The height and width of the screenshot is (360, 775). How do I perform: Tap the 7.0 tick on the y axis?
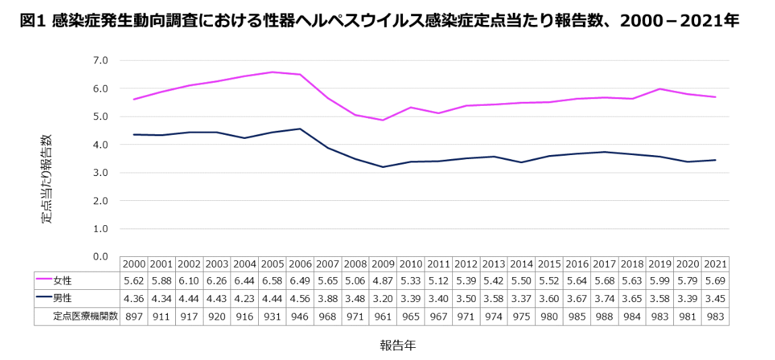100,60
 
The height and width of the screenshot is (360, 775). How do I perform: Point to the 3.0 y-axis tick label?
100,173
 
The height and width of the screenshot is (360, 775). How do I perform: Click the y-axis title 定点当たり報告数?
46,179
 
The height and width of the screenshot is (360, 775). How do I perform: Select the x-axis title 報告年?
397,346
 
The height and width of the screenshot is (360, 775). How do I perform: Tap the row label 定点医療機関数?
86,315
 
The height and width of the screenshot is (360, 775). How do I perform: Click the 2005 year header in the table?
272,264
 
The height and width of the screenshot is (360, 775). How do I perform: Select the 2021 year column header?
714,264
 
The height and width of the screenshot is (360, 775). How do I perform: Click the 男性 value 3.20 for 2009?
383,297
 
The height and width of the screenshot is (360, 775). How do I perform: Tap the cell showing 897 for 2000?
134,315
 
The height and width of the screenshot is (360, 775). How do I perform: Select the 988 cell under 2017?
604,315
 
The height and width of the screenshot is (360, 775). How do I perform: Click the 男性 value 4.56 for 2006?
300,297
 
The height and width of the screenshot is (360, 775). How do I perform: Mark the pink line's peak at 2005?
272,72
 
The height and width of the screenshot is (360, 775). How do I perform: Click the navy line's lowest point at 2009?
383,167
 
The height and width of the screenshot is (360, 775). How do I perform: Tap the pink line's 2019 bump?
659,88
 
